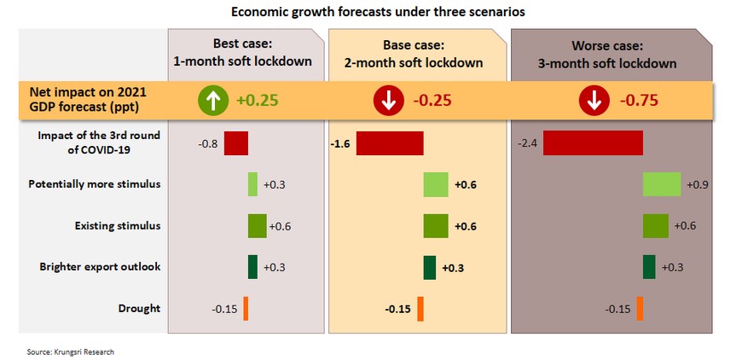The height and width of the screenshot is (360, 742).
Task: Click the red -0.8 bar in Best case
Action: [236, 143]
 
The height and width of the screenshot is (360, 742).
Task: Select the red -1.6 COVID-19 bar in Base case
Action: [390, 143]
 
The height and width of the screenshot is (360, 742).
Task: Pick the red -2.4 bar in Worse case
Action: [593, 143]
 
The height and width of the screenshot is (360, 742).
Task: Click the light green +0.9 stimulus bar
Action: [662, 184]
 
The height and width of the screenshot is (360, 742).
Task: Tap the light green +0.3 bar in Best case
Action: [252, 184]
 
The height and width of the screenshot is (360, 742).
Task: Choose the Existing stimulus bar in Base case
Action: [436, 226]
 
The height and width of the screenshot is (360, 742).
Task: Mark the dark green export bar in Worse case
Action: [649, 267]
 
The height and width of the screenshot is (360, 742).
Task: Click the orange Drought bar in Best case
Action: [245, 308]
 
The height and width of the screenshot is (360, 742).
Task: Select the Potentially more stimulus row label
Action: [95, 184]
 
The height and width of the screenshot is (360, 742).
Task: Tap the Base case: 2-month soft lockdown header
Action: [418, 53]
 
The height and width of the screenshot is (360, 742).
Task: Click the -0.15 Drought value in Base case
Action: [399, 308]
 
